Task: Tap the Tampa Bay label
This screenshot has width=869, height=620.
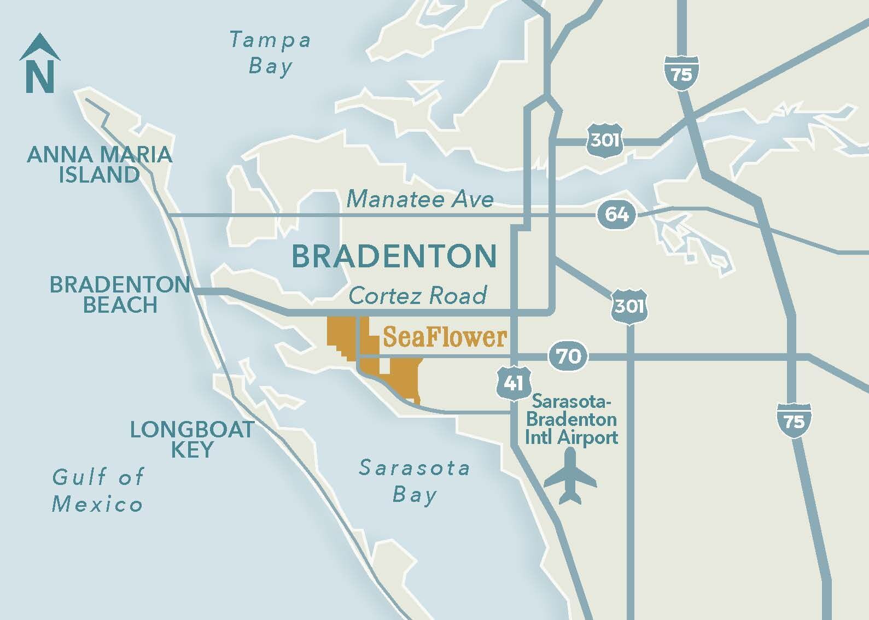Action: click(x=270, y=53)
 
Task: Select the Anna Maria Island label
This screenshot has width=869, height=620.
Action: click(x=100, y=165)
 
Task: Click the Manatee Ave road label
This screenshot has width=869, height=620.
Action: click(x=420, y=198)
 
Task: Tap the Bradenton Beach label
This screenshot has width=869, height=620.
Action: click(x=120, y=295)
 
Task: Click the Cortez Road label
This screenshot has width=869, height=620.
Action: click(x=418, y=296)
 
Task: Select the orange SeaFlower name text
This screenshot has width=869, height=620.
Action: click(x=445, y=337)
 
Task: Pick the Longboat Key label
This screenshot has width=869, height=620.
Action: click(x=192, y=439)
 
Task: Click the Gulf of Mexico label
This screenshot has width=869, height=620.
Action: click(x=98, y=490)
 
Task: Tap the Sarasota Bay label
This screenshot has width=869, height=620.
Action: click(x=415, y=481)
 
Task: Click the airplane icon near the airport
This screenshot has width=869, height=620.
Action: click(x=570, y=476)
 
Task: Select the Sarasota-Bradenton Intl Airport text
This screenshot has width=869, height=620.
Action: click(x=571, y=419)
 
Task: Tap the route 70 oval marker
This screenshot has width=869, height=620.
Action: click(x=569, y=357)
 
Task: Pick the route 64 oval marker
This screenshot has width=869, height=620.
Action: click(x=616, y=214)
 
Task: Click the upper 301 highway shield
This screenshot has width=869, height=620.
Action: click(x=604, y=140)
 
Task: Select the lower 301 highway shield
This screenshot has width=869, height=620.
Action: click(x=629, y=305)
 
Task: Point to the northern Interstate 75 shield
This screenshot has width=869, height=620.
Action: click(x=681, y=73)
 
